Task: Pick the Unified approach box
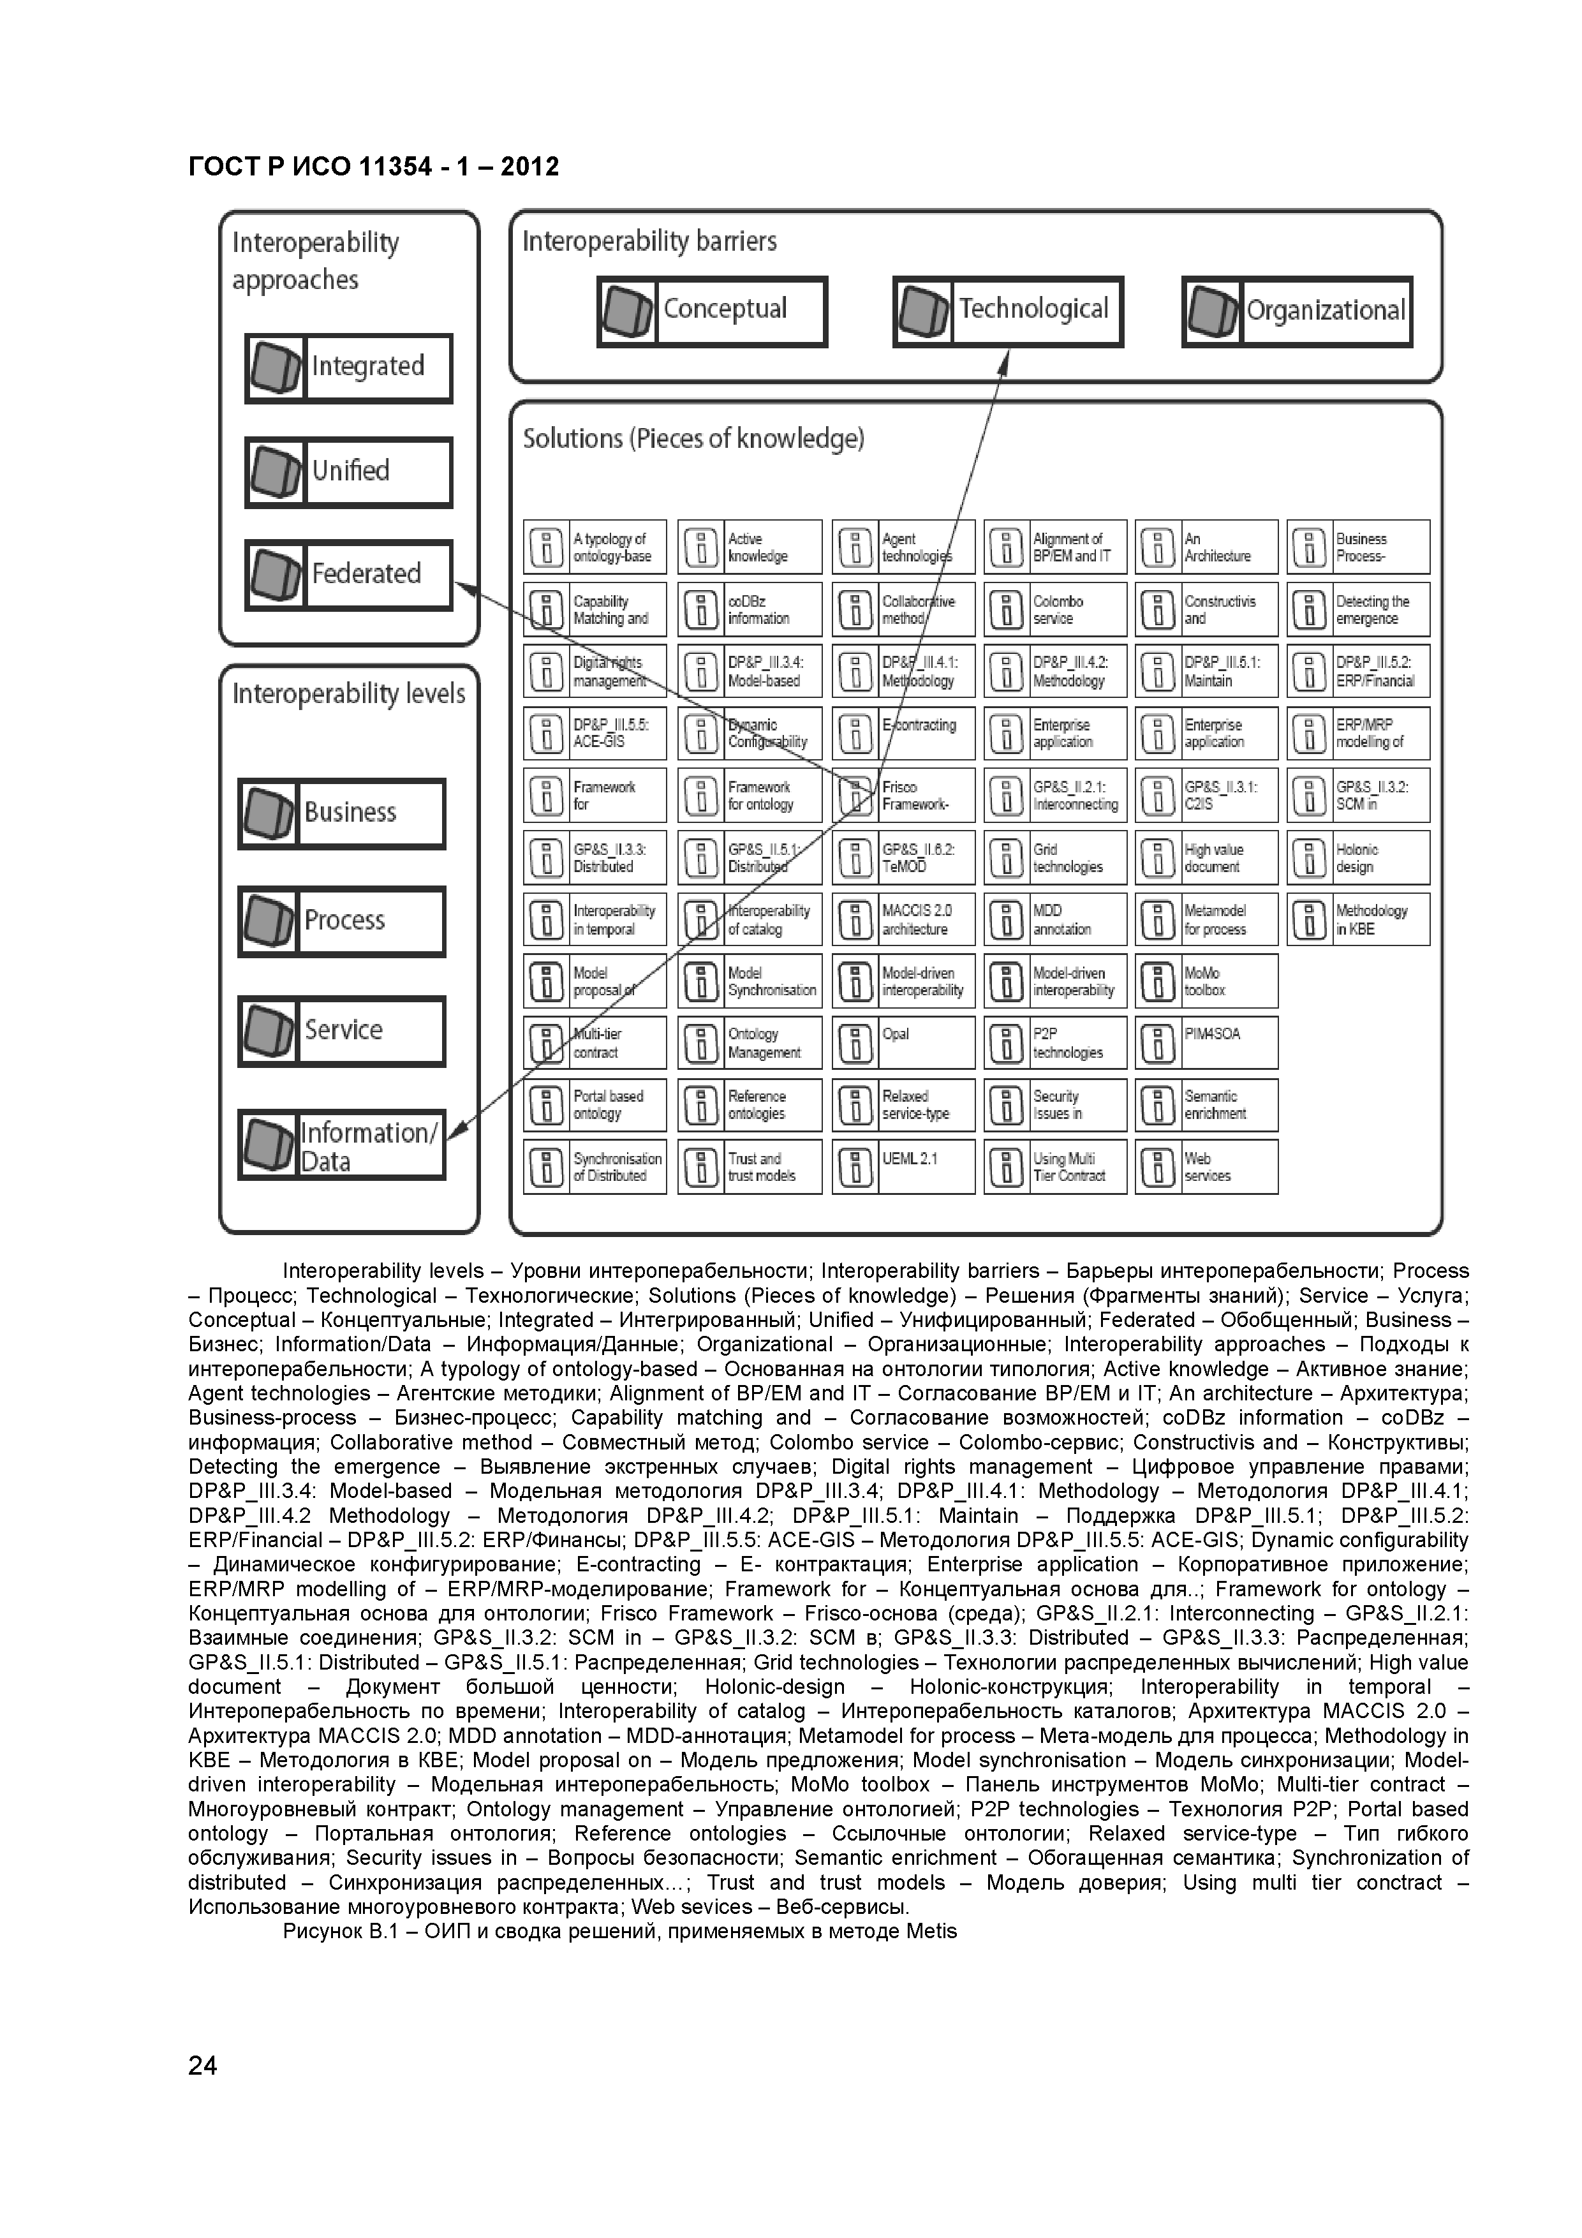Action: click(348, 471)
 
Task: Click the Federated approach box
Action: click(348, 574)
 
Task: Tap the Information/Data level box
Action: click(341, 1145)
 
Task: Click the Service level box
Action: click(341, 1030)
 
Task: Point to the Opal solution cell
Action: click(903, 1043)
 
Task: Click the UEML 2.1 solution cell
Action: click(903, 1167)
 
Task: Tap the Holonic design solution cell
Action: click(1358, 858)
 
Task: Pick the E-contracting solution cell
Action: click(903, 734)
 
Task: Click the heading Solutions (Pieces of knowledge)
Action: click(693, 440)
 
